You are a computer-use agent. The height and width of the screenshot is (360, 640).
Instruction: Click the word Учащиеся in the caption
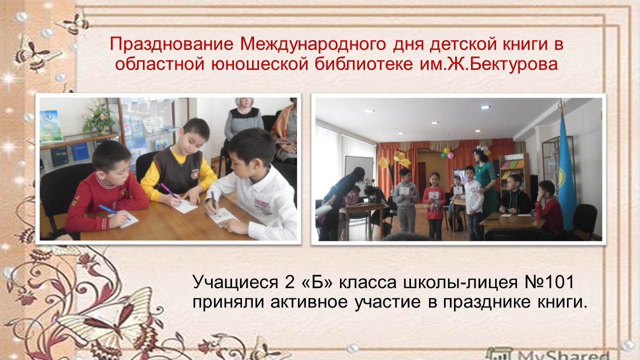(x=235, y=283)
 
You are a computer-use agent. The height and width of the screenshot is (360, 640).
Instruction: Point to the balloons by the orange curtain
(x=447, y=153)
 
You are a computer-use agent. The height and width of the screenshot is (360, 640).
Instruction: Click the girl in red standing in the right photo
(x=434, y=205)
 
